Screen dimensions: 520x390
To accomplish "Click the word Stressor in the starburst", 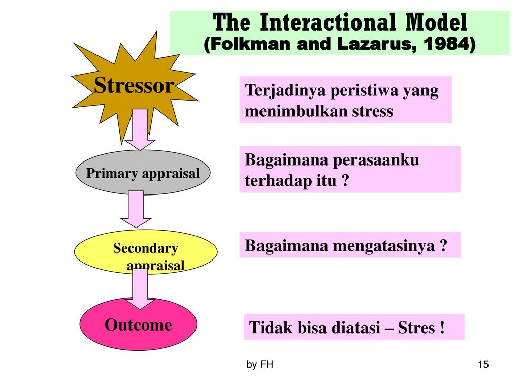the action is (x=134, y=85).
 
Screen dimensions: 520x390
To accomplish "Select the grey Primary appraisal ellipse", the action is (x=143, y=173).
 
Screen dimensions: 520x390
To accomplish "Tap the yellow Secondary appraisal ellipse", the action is (x=146, y=251).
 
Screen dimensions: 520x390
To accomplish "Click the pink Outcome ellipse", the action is (x=138, y=324).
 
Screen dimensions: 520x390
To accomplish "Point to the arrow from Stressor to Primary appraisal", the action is (x=140, y=129).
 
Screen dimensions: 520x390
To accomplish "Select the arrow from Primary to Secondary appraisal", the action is (x=136, y=209).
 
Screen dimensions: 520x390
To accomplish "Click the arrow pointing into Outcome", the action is (x=140, y=289).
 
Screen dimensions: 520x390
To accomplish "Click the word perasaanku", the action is (x=376, y=160).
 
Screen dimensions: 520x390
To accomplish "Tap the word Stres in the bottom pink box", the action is (x=416, y=328).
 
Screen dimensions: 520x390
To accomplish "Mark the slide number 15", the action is (x=483, y=364).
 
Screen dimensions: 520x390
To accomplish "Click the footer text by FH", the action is (x=260, y=365).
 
